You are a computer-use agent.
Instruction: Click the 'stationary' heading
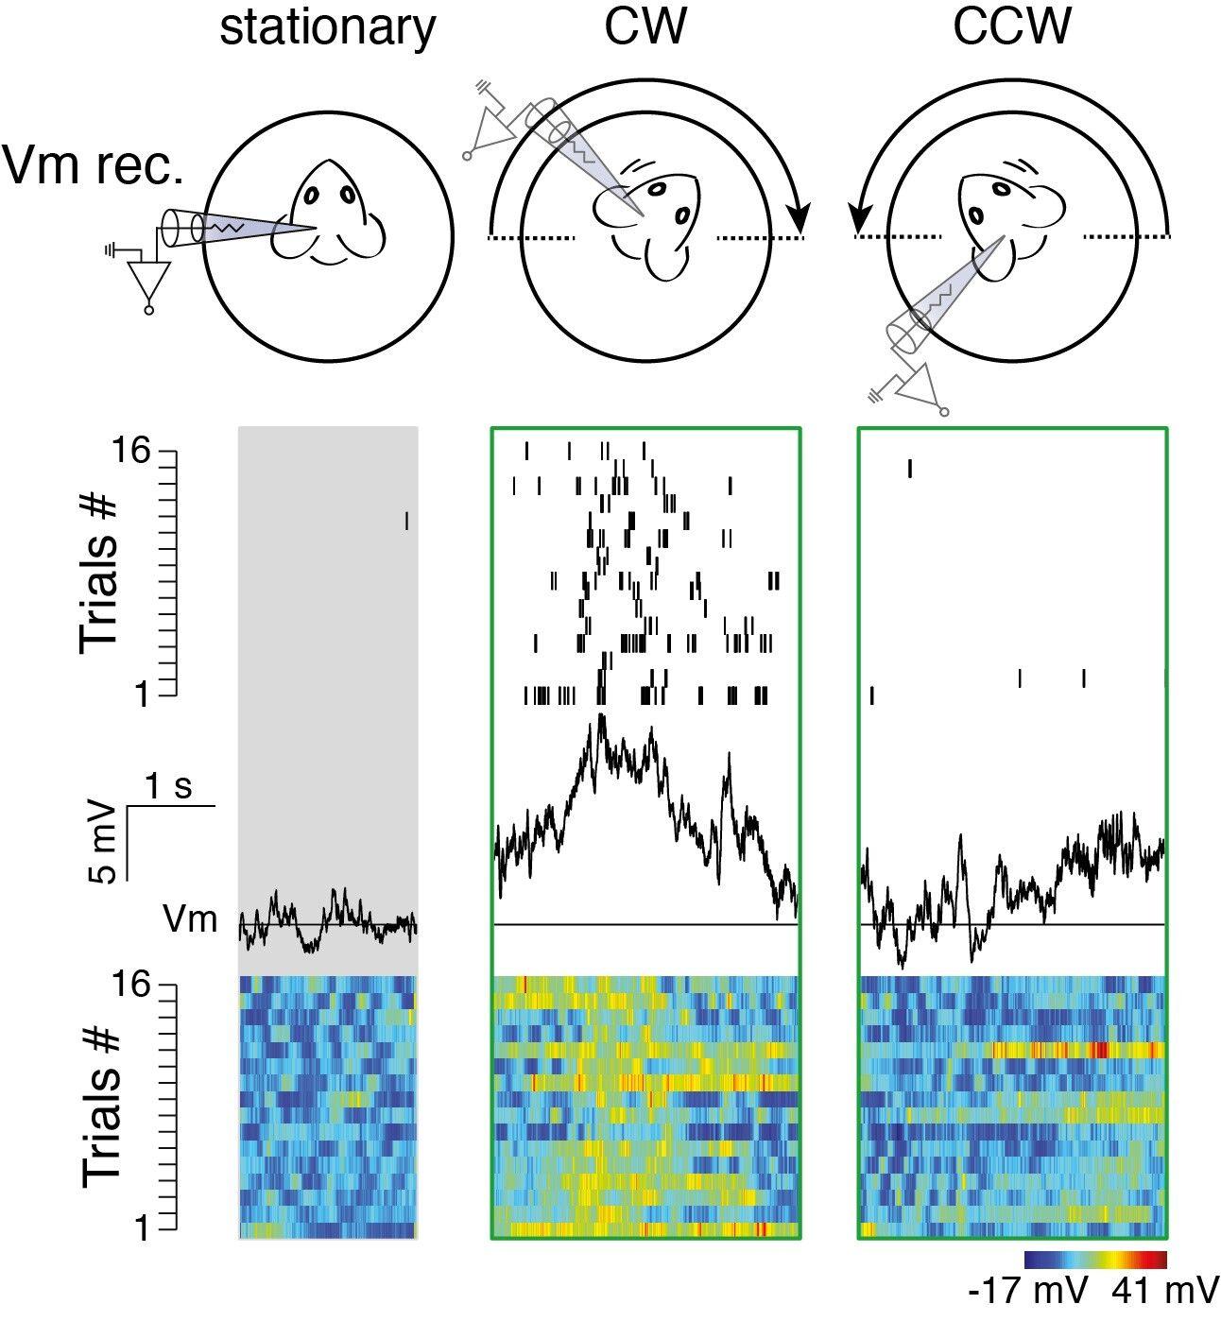327,28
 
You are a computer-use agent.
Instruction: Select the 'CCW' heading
1011,28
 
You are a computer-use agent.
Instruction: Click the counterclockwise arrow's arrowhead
860,218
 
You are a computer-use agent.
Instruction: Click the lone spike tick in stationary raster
406,521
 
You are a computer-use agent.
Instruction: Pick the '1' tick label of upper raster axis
143,695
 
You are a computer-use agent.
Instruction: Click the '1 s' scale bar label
168,785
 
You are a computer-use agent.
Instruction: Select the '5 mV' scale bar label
106,844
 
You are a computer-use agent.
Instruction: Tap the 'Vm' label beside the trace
190,919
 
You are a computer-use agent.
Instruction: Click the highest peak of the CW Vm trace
600,718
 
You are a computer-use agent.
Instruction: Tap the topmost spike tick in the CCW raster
910,469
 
